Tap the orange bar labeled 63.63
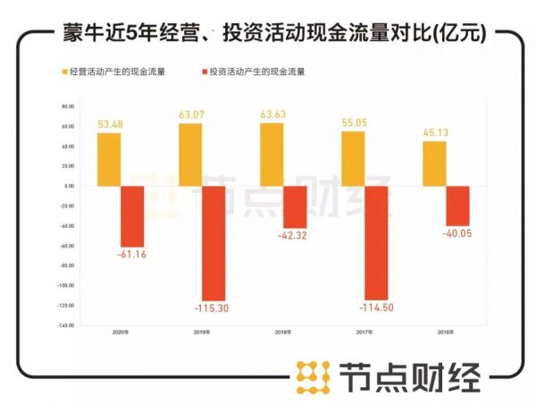pos(272,155)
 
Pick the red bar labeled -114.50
pos(377,242)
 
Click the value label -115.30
pos(213,309)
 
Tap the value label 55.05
pos(354,123)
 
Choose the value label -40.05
pos(456,233)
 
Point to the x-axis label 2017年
pos(364,332)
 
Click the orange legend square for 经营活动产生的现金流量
pos(64,70)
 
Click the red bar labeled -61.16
pos(132,216)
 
